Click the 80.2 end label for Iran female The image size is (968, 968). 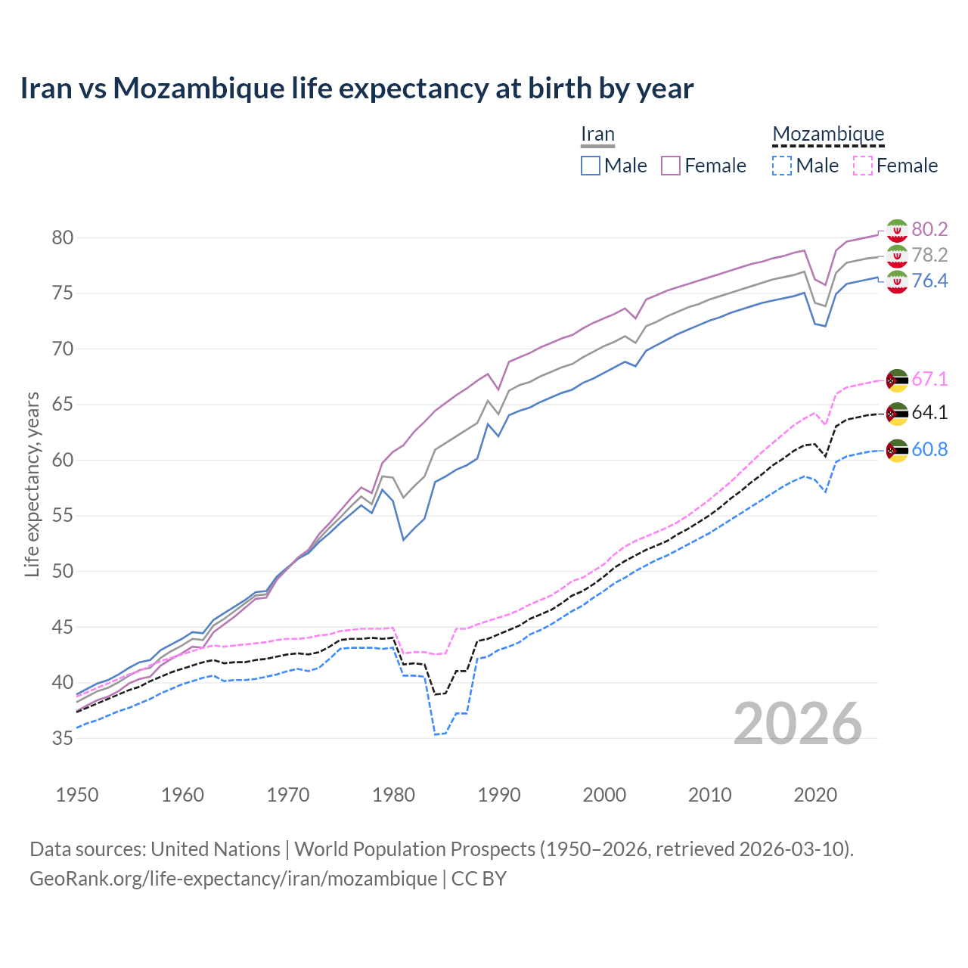[929, 229]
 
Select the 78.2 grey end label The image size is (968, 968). [929, 255]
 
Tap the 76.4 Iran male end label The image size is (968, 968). [929, 281]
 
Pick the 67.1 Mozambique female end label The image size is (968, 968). [929, 379]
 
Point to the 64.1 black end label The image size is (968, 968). [929, 412]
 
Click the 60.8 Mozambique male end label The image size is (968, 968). [929, 449]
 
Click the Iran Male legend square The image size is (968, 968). [591, 166]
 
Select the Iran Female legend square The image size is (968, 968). [671, 166]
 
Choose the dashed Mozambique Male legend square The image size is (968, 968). [782, 166]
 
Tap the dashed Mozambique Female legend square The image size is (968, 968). [863, 166]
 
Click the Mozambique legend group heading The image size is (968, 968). [828, 134]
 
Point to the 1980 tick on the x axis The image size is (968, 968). [394, 795]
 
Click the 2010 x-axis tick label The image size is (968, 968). [709, 795]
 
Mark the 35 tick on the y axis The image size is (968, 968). [63, 738]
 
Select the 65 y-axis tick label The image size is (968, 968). [63, 405]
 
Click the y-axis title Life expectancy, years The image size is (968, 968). [32, 484]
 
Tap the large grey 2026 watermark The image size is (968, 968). [798, 724]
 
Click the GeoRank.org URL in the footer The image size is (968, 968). [233, 879]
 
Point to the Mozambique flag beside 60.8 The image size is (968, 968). [897, 450]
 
